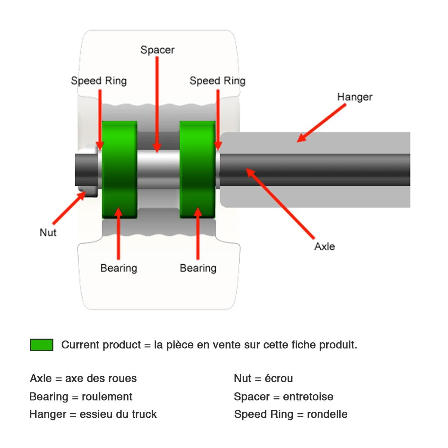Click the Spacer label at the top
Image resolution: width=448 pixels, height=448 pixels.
pyautogui.click(x=157, y=50)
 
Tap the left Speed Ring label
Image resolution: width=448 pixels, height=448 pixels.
pyautogui.click(x=99, y=81)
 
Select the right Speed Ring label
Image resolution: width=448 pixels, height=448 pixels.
pyautogui.click(x=217, y=81)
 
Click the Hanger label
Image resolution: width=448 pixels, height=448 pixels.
pyautogui.click(x=354, y=97)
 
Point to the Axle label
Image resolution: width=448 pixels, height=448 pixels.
pyautogui.click(x=324, y=246)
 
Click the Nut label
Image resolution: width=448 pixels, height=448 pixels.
pyautogui.click(x=48, y=233)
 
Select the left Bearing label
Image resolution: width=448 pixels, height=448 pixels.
pyautogui.click(x=119, y=268)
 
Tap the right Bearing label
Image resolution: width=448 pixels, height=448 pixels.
pyautogui.click(x=198, y=268)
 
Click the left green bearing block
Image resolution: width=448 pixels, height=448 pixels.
pyautogui.click(x=119, y=170)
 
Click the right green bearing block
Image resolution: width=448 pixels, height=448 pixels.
pyautogui.click(x=197, y=170)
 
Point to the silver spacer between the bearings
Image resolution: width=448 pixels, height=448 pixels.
pyautogui.click(x=158, y=170)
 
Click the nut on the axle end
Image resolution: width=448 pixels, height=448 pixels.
pyautogui.click(x=87, y=170)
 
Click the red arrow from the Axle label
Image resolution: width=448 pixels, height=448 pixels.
pyautogui.click(x=280, y=203)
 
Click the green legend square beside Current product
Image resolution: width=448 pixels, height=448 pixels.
pyautogui.click(x=41, y=345)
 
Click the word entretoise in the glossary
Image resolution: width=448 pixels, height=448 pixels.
pyautogui.click(x=308, y=396)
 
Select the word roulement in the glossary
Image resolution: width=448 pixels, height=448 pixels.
pyautogui.click(x=107, y=396)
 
